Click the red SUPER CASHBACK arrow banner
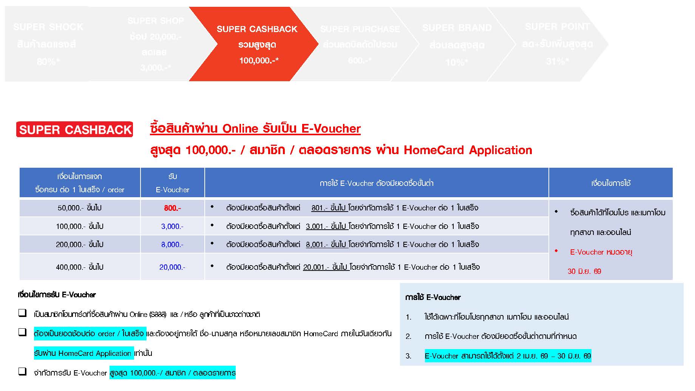point(257,44)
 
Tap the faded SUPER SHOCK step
point(48,44)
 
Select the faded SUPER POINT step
point(557,44)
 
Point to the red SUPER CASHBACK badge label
point(75,130)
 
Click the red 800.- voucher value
point(172,208)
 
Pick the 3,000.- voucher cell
point(172,226)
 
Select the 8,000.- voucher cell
point(172,245)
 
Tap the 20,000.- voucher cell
point(172,267)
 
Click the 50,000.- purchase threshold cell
point(79,208)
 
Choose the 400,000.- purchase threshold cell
point(79,267)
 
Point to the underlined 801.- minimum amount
point(320,208)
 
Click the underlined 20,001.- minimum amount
point(316,267)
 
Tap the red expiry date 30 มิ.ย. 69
point(584,271)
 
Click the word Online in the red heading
point(240,129)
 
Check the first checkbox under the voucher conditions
point(23,313)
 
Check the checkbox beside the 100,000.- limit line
point(23,372)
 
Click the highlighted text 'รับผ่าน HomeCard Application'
point(83,353)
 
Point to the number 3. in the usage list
point(408,356)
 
